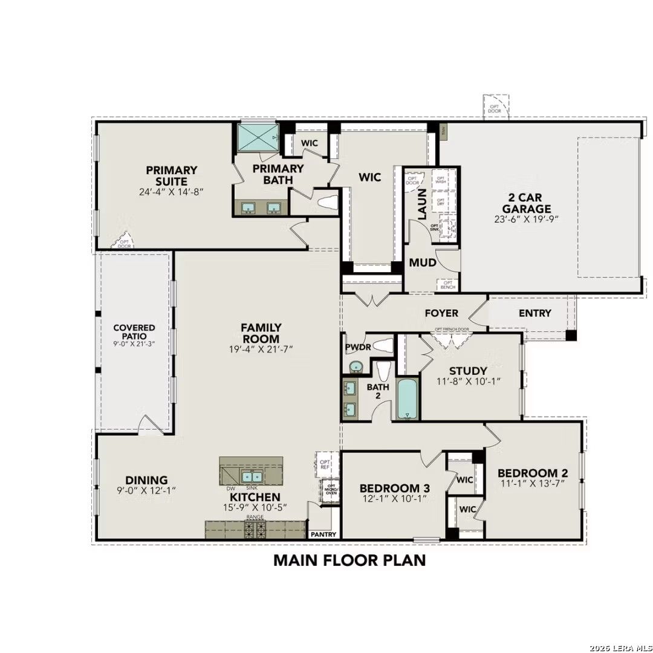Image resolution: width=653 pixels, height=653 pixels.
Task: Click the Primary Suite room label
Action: pyautogui.click(x=171, y=175)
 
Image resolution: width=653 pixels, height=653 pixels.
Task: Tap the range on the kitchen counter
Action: pyautogui.click(x=254, y=530)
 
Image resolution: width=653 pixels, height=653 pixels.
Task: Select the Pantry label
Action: pyautogui.click(x=323, y=534)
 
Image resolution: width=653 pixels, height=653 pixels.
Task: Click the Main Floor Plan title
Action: pyautogui.click(x=349, y=560)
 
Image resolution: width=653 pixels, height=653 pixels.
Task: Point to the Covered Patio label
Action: pyautogui.click(x=134, y=331)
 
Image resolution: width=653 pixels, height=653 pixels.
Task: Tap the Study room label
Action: pyautogui.click(x=468, y=371)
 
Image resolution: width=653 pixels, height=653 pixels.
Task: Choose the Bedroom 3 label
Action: pyautogui.click(x=389, y=488)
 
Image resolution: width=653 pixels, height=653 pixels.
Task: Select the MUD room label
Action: pyautogui.click(x=423, y=263)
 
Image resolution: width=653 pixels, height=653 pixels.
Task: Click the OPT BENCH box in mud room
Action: pyautogui.click(x=448, y=284)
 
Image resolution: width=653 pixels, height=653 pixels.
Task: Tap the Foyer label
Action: pyautogui.click(x=441, y=313)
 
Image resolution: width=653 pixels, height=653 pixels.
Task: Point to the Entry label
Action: pyautogui.click(x=535, y=313)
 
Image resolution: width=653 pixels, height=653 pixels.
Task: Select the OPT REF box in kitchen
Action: pyautogui.click(x=325, y=464)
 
